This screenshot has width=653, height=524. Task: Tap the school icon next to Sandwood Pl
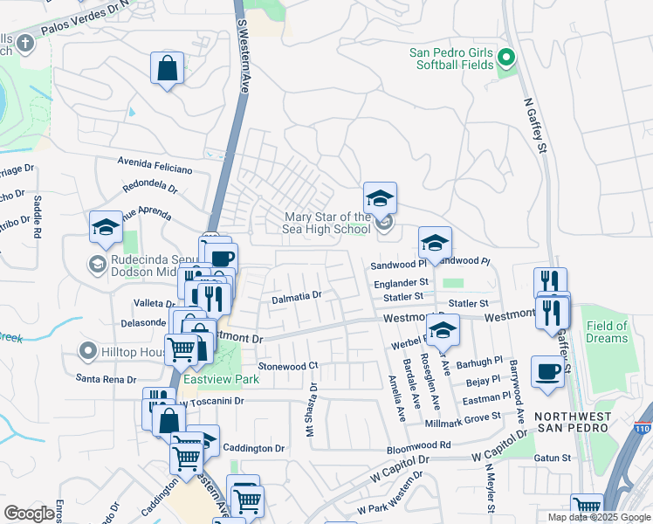[435, 243]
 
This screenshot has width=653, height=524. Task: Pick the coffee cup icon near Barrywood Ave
[547, 371]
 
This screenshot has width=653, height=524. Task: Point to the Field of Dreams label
[607, 332]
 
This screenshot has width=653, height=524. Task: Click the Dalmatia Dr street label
[297, 296]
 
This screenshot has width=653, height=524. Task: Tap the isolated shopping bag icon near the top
[167, 68]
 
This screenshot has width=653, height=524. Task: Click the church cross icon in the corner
[25, 42]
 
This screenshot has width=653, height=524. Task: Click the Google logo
[29, 514]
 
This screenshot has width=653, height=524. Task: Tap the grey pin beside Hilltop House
[86, 352]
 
